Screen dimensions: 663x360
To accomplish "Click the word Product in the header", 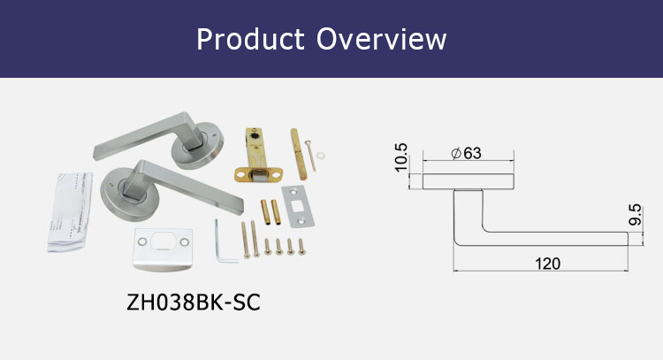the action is click(x=250, y=39).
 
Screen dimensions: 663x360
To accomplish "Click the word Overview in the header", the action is click(x=381, y=39).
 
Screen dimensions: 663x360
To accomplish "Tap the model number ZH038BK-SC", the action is click(x=194, y=302).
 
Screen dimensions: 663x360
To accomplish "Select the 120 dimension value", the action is click(x=547, y=263).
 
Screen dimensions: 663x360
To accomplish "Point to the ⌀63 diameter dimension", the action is click(x=467, y=153).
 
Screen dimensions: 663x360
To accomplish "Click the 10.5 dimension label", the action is click(x=400, y=157).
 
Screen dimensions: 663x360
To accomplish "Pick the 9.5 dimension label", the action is click(x=635, y=214).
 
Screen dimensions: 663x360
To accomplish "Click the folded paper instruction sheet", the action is click(x=70, y=211).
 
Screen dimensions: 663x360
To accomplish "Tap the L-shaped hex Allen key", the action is click(x=225, y=242).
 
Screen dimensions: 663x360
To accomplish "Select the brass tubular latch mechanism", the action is click(x=258, y=156).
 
